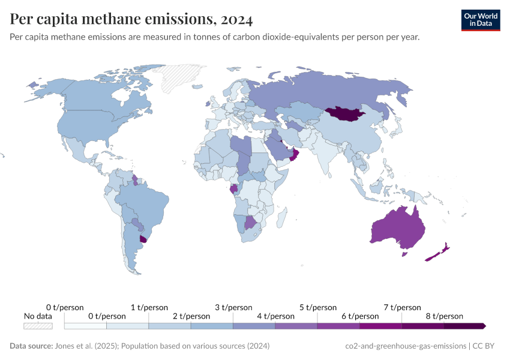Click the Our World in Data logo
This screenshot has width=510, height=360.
pyautogui.click(x=480, y=20)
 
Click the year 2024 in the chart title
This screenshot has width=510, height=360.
pyautogui.click(x=236, y=19)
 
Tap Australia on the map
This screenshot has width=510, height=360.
pyautogui.click(x=397, y=227)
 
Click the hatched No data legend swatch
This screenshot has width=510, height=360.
pyautogui.click(x=38, y=326)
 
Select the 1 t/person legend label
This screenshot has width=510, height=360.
pyautogui.click(x=149, y=307)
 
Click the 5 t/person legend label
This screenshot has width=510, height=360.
pyautogui.click(x=317, y=307)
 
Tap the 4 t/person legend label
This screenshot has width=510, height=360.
pyautogui.click(x=275, y=316)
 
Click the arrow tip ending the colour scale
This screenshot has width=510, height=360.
pyautogui.click(x=484, y=326)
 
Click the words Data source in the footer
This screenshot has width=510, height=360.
pyautogui.click(x=30, y=346)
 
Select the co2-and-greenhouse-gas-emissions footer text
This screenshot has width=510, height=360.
pyautogui.click(x=406, y=346)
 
